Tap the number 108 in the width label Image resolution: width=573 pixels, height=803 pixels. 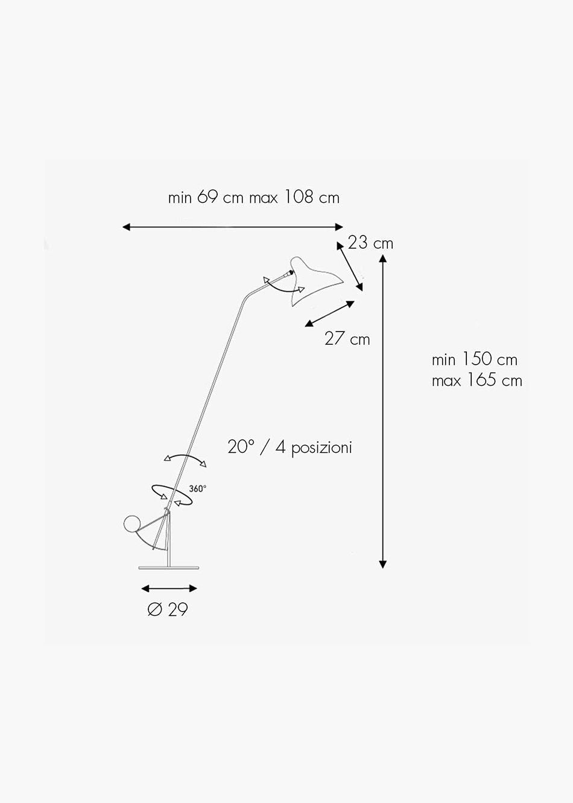[x=299, y=197]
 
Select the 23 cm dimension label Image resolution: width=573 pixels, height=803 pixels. [x=370, y=243]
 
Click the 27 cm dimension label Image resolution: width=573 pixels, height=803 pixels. [x=347, y=339]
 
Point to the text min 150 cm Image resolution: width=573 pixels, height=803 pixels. [x=474, y=359]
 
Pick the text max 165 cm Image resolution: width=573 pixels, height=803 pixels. [x=476, y=381]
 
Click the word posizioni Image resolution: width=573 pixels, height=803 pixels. [x=321, y=448]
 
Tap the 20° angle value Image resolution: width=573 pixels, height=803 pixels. [x=241, y=447]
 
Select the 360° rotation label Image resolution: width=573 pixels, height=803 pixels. [x=197, y=488]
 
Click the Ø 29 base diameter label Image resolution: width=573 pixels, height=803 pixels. [x=168, y=610]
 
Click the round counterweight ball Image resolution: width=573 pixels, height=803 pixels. [x=132, y=525]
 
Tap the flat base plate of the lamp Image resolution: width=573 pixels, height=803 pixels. [x=168, y=568]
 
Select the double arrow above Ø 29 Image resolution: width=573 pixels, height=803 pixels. [x=169, y=589]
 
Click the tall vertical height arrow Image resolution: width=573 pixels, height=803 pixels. [x=382, y=411]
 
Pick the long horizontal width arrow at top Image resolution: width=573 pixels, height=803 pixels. [x=233, y=227]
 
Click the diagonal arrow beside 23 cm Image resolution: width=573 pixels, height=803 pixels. [x=350, y=266]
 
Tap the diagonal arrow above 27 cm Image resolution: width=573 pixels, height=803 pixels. [x=330, y=314]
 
